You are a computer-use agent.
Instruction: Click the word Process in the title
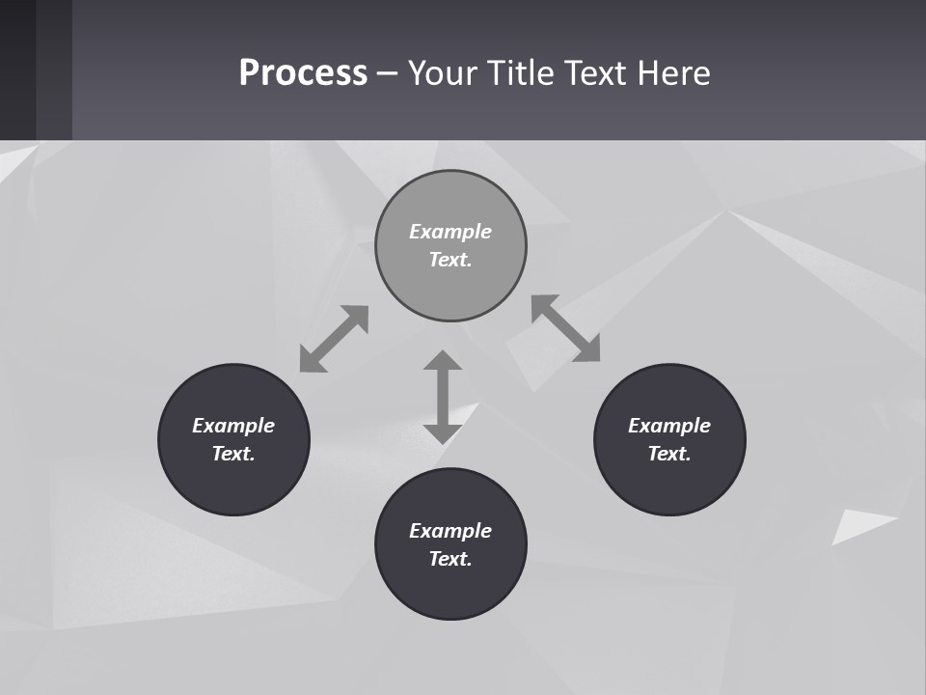(303, 73)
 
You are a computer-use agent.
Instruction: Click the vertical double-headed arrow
(443, 397)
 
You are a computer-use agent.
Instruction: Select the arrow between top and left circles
(334, 339)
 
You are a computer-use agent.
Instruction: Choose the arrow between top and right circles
(566, 328)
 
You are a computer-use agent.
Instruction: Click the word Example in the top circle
(450, 232)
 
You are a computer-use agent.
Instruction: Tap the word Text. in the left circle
(233, 454)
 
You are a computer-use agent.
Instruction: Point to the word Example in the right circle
(669, 426)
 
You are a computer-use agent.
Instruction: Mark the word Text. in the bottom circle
(450, 559)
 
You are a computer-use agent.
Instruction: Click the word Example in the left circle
(233, 426)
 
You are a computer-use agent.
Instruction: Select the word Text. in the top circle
(450, 260)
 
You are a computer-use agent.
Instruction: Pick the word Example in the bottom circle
(450, 531)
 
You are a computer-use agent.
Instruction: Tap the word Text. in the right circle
(669, 454)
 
